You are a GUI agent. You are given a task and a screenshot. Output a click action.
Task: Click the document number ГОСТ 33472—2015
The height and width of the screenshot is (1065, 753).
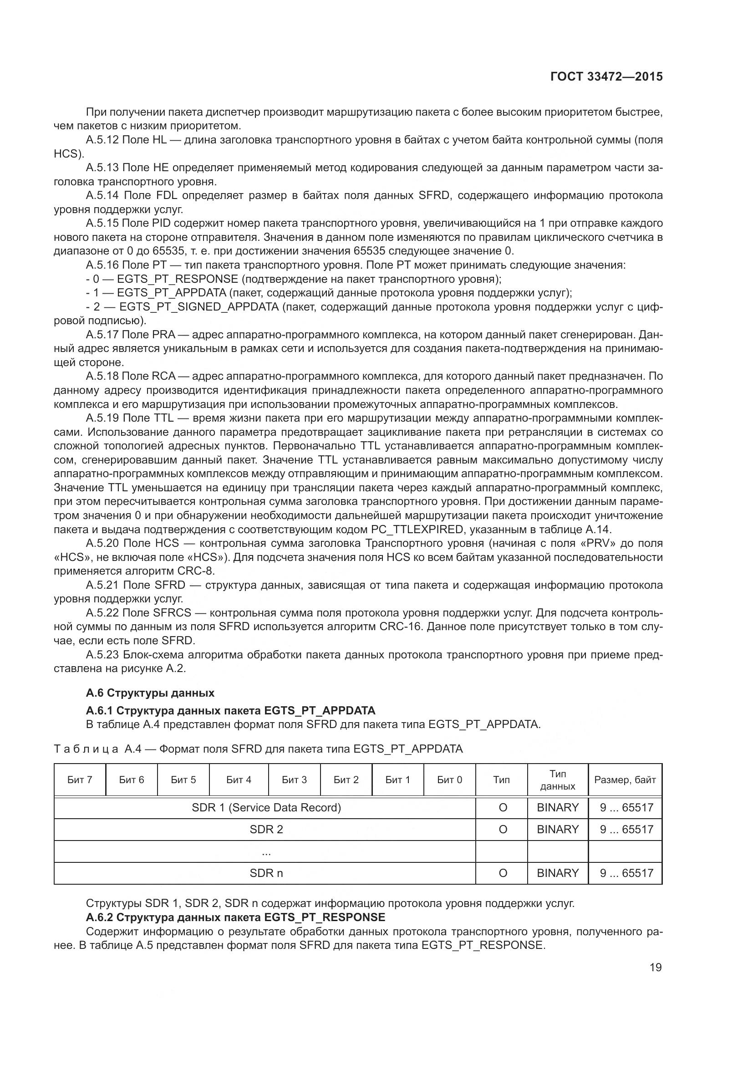click(x=606, y=76)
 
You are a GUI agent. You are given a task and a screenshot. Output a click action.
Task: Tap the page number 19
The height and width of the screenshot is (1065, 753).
click(x=656, y=967)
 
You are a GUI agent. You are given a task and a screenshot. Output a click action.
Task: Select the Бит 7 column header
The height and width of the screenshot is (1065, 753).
click(x=80, y=780)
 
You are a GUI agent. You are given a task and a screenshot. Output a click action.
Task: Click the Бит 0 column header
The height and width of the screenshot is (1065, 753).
click(x=449, y=780)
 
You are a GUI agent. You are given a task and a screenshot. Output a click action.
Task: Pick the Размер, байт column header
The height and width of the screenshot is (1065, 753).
click(x=625, y=780)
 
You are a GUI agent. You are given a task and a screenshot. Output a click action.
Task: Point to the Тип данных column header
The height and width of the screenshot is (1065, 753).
click(x=558, y=780)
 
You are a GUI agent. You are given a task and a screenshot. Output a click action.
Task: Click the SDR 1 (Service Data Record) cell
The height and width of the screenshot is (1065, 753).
click(x=266, y=808)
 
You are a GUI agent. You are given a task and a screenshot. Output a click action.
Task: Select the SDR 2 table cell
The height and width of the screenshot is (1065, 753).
click(x=266, y=829)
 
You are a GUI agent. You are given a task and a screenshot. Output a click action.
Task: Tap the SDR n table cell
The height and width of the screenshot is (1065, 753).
click(x=266, y=873)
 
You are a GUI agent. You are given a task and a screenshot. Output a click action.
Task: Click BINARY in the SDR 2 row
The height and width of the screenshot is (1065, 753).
click(x=558, y=829)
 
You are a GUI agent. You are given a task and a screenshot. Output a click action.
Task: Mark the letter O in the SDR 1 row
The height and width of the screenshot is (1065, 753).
click(x=503, y=808)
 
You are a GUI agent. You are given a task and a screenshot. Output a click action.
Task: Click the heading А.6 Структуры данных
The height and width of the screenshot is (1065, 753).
click(x=150, y=693)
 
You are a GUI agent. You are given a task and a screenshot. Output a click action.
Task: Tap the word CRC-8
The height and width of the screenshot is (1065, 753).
click(x=199, y=571)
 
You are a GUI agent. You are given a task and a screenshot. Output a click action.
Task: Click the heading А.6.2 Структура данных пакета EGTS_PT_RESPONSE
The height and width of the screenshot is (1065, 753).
click(x=235, y=917)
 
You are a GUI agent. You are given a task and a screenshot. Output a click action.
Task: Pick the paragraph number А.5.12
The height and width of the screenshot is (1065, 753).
click(x=102, y=140)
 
